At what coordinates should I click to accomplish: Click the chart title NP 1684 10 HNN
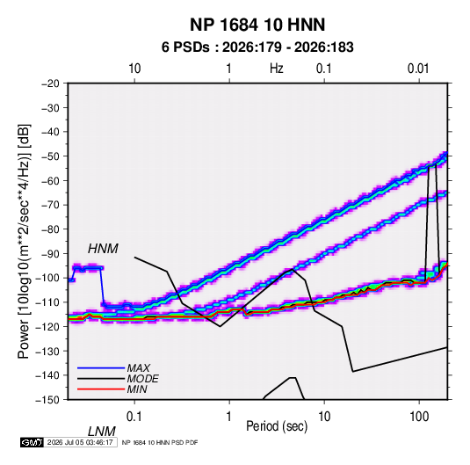coord(257,25)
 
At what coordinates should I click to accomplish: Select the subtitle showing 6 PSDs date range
coord(257,47)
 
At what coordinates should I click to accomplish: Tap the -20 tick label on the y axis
coord(50,84)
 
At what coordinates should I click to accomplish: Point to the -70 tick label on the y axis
coord(50,205)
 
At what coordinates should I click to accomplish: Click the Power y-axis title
coord(24,242)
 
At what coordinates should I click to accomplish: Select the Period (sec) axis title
coord(277,426)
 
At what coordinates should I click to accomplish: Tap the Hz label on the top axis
coord(277,69)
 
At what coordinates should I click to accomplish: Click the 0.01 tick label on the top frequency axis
coord(418,69)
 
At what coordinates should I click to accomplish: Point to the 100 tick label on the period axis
coord(419,417)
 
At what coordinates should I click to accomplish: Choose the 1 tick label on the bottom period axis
coord(229,417)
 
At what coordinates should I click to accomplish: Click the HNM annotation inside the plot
coord(103,249)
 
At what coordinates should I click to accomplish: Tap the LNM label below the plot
coord(102,432)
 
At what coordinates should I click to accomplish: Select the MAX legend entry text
coord(139,368)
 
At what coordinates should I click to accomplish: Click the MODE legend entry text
coord(142,379)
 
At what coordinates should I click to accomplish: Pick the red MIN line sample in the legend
coord(101,389)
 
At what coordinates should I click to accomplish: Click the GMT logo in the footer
coord(33,442)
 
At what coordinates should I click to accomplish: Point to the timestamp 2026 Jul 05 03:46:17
coord(80,442)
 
